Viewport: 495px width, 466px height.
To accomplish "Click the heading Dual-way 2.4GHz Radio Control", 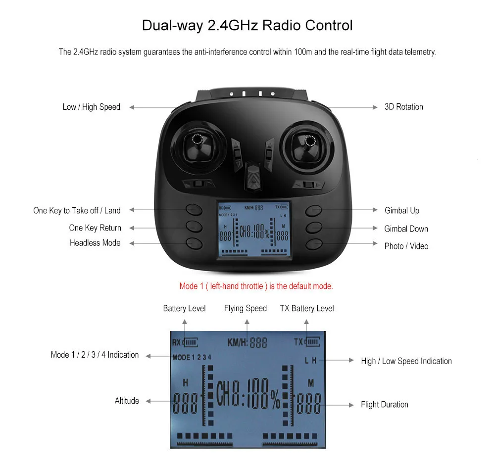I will [247, 25].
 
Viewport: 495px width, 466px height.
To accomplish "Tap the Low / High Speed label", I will [92, 107].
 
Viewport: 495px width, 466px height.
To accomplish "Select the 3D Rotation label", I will [403, 107].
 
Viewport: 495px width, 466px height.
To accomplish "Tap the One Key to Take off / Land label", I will [77, 211].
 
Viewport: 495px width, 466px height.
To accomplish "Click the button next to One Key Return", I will [195, 227].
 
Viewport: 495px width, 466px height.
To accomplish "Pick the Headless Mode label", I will [95, 243].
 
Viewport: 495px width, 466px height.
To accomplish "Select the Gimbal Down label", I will [406, 229].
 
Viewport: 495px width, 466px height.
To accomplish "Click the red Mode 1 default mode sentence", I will [256, 286].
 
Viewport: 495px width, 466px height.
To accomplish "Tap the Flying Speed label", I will [245, 308].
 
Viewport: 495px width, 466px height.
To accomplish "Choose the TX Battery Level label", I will [307, 308].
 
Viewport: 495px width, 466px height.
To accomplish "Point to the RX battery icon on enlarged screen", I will [190, 342].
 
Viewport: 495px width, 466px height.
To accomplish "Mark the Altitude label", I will [127, 401].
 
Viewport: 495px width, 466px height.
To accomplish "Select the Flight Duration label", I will [384, 405].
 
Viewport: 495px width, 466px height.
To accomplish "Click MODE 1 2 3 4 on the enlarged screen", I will [192, 357].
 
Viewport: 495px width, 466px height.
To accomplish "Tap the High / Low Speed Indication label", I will [406, 361].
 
